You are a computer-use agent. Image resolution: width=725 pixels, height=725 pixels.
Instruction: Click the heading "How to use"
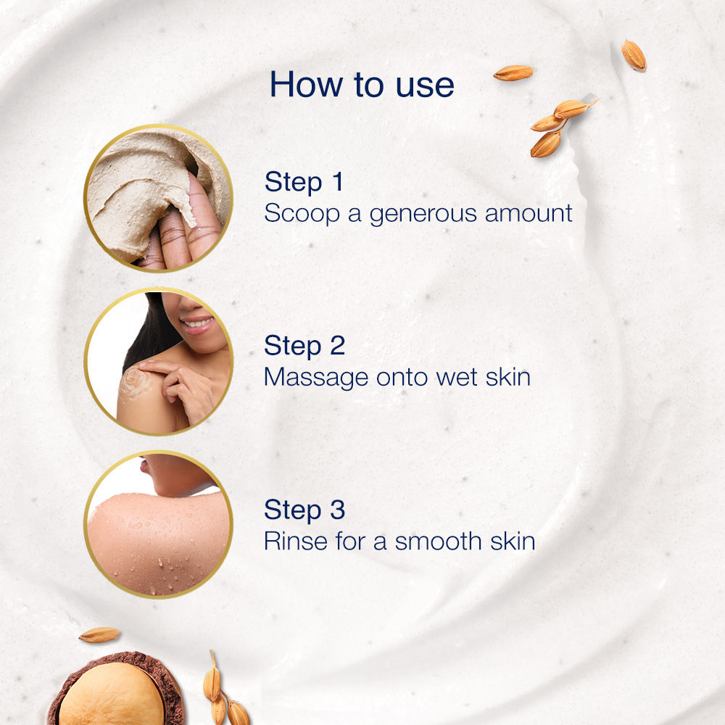click(x=362, y=84)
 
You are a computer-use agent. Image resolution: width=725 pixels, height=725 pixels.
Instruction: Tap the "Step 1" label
click(x=304, y=182)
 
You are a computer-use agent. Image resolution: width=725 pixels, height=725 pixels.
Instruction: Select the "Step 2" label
click(x=304, y=346)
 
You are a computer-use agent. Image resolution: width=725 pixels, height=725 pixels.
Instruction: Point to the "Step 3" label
click(x=304, y=510)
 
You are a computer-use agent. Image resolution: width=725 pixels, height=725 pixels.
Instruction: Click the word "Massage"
click(x=316, y=378)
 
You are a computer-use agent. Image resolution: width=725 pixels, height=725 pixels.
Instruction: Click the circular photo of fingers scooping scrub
click(x=158, y=197)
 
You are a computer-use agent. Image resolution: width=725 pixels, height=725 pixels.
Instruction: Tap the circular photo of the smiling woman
click(x=158, y=361)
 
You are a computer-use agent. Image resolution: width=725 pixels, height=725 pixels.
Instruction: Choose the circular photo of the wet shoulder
click(x=158, y=525)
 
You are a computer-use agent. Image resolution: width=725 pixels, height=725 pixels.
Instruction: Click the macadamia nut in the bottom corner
click(x=112, y=696)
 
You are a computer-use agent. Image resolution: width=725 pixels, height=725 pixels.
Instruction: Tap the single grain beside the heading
click(x=513, y=72)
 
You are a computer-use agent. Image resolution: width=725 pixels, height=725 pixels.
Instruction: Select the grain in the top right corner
click(x=634, y=55)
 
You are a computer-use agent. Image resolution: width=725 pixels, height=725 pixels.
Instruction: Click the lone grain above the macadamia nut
click(x=99, y=634)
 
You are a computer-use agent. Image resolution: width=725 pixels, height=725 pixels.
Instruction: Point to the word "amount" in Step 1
click(x=529, y=214)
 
